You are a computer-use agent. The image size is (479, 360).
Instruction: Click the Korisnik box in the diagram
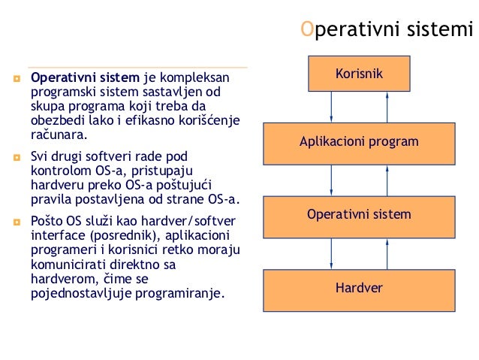tap(359, 74)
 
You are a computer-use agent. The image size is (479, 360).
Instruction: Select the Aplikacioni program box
tap(359, 143)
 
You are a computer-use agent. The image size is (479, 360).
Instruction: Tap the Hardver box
tap(359, 288)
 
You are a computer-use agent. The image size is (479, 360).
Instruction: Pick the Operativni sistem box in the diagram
tap(359, 216)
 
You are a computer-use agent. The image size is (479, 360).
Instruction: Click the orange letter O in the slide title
tap(305, 30)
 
